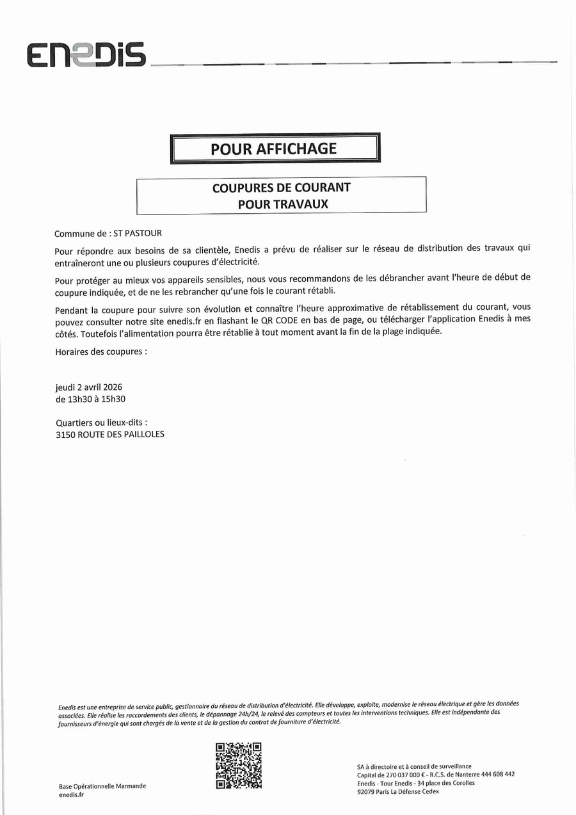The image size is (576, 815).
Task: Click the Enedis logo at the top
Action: coord(86,55)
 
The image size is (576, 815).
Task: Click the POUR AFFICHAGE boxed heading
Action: coord(274,149)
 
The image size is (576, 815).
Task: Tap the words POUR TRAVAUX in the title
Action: coord(282,204)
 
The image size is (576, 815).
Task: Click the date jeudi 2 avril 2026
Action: coord(89,387)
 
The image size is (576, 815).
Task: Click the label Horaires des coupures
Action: coord(101,351)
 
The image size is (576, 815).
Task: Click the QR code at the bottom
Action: coord(239,766)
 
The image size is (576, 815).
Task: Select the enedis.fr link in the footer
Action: coord(71,795)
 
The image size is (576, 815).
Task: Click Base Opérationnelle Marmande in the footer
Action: coord(102,786)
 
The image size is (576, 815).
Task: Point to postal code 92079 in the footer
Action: coord(366,791)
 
